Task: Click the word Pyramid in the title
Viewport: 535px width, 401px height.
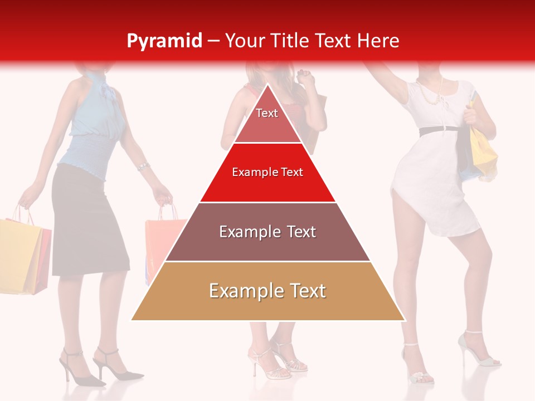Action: [164, 41]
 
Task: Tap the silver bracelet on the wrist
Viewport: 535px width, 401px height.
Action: [143, 167]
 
